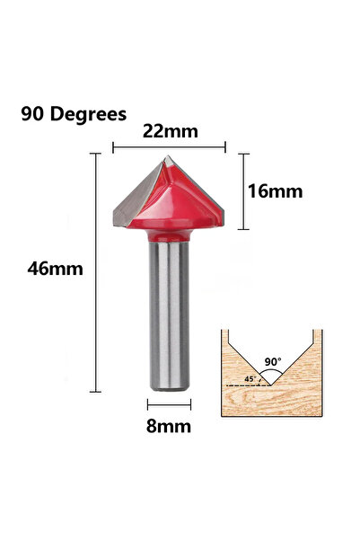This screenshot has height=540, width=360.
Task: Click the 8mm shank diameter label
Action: [169, 427]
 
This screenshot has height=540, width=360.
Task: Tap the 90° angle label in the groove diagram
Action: [273, 361]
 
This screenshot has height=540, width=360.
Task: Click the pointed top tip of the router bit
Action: [167, 158]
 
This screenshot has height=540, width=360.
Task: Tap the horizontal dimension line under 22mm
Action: [169, 146]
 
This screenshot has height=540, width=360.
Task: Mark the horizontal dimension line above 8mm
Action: [169, 407]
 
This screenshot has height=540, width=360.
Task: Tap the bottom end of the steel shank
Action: [168, 387]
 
